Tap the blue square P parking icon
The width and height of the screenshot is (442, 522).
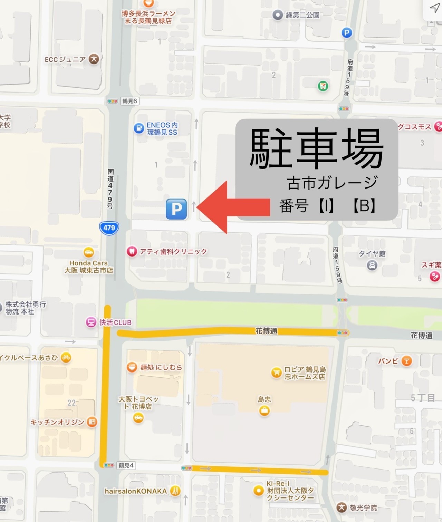click(176, 209)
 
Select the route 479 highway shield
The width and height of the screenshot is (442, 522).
click(109, 228)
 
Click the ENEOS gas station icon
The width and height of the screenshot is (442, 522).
click(139, 128)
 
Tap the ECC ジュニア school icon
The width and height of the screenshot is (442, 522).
click(94, 59)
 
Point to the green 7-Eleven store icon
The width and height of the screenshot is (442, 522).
click(323, 86)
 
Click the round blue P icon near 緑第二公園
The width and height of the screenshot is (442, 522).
click(347, 33)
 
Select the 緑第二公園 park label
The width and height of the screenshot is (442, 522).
click(302, 15)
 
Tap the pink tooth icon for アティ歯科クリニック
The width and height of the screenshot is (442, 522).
click(132, 251)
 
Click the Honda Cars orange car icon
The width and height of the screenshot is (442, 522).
click(89, 252)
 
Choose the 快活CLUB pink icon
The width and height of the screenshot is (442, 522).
click(91, 322)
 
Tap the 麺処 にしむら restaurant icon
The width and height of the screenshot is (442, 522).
click(132, 367)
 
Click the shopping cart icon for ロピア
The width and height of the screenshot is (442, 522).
click(276, 373)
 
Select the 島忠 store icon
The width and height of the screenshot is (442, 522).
click(265, 410)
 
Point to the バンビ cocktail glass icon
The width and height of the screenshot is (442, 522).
click(407, 361)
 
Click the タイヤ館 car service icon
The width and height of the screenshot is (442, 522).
click(372, 265)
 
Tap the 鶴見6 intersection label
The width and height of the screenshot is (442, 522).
click(129, 101)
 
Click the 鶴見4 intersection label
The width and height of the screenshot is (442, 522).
click(126, 465)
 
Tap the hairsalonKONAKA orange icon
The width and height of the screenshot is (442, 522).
click(175, 491)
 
